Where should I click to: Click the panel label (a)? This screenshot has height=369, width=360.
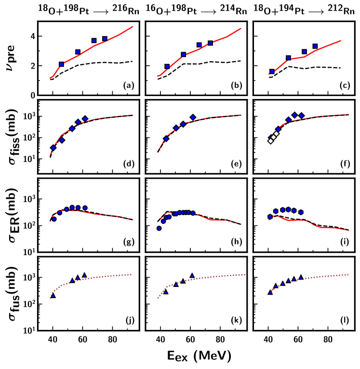click(x=128, y=87)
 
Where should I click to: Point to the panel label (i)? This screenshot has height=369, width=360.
click(x=344, y=244)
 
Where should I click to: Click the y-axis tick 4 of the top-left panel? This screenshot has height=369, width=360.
click(x=32, y=36)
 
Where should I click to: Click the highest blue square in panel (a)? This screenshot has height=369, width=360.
click(x=105, y=39)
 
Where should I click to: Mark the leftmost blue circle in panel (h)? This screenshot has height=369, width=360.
click(x=159, y=228)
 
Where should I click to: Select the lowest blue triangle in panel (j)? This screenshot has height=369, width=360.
click(x=53, y=295)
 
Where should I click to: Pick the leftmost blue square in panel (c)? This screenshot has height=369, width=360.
click(x=272, y=71)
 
